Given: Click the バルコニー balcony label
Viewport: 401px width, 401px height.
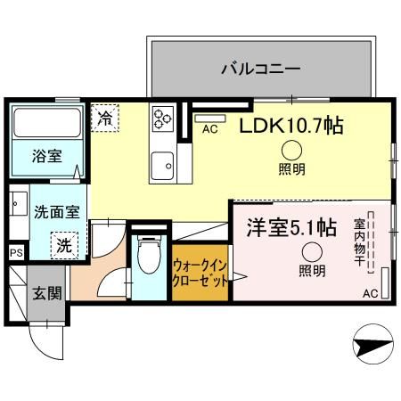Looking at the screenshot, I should coord(260,68).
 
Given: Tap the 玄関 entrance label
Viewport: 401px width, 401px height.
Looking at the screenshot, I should coord(46,293).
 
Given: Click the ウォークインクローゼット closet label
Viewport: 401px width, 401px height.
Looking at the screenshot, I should coord(199,271).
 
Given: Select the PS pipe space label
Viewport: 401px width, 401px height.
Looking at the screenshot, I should coord(15,253).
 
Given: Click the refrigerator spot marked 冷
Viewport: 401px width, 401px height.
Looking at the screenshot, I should coord(106,117).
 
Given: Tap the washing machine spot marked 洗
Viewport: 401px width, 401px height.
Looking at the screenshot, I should coord(64,244).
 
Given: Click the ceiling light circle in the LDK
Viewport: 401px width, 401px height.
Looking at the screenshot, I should coord(291,151).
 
